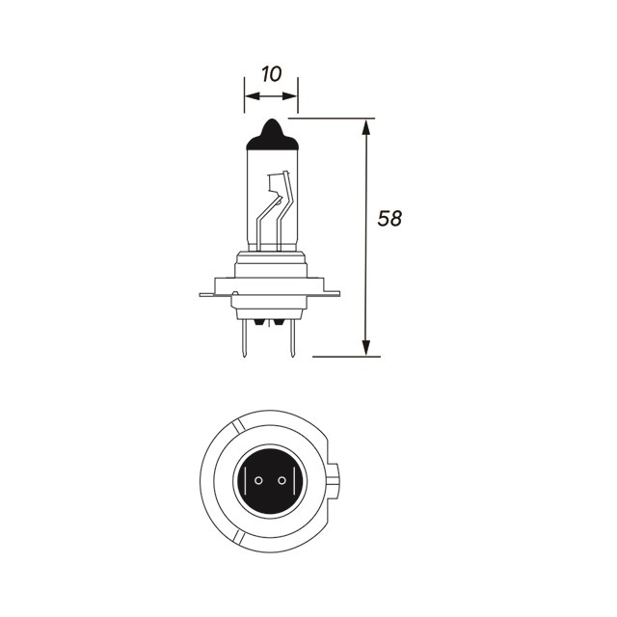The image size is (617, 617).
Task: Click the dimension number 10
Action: click(270, 73)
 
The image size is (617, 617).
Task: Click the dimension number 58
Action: click(389, 219)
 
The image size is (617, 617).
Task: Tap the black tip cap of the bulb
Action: click(271, 135)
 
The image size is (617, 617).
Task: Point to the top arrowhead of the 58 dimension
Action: click(366, 125)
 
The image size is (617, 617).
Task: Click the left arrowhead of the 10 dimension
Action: click(249, 96)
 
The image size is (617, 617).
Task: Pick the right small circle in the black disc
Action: click(281, 479)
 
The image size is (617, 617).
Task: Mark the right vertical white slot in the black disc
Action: click(288, 479)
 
